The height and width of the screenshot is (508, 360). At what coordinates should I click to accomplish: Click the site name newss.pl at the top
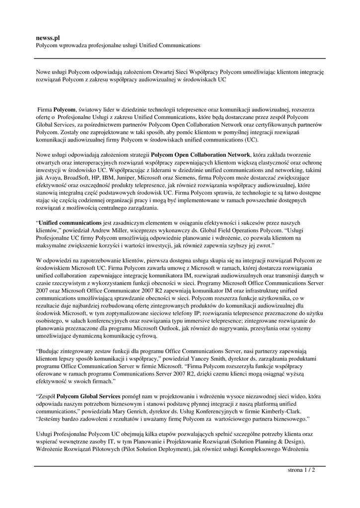click(x=48, y=37)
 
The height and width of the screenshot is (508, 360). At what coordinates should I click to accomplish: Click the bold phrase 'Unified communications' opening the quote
click(x=70, y=223)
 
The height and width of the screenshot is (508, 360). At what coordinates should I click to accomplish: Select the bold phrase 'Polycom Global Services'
click(x=88, y=396)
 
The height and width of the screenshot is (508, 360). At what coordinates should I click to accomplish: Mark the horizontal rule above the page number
click(x=180, y=466)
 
